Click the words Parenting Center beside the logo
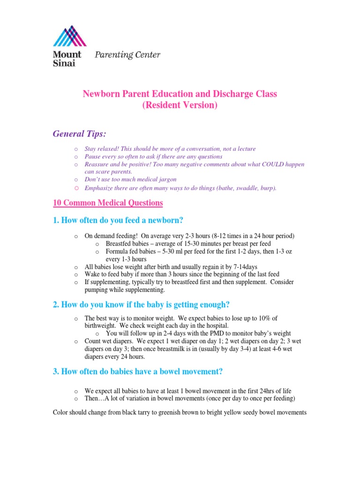[x=127, y=55]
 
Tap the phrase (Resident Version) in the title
[x=180, y=105]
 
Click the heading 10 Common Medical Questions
[x=108, y=203]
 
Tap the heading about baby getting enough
[x=141, y=305]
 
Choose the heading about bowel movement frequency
[x=138, y=372]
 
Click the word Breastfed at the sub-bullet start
[x=119, y=244]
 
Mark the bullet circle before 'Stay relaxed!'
[x=76, y=149]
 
